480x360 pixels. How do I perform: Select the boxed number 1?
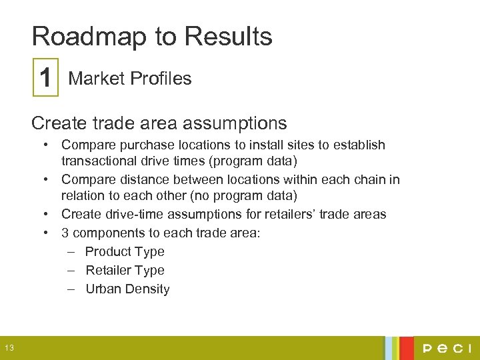click(45, 79)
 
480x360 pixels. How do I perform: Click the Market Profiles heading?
click(130, 79)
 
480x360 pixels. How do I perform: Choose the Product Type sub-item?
click(125, 251)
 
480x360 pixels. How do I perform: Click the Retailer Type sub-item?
click(125, 270)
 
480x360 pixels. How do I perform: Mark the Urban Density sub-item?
click(127, 289)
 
